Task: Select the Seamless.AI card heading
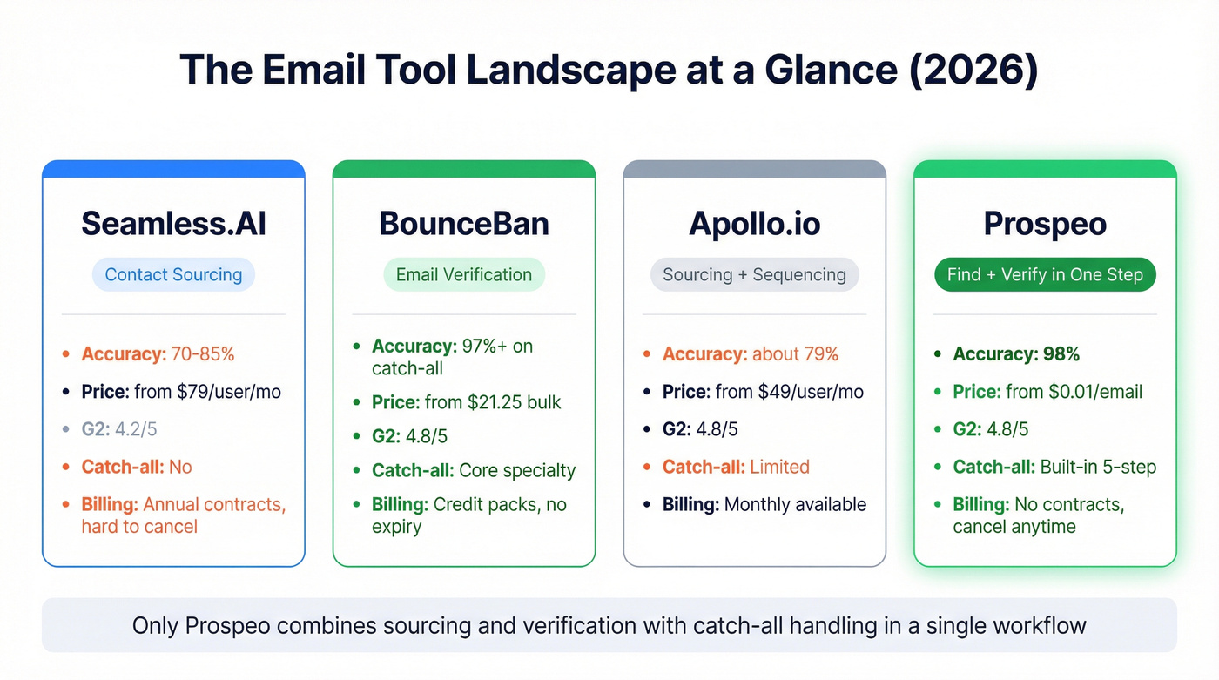(173, 224)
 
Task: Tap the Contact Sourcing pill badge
(173, 275)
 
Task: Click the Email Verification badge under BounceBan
(463, 275)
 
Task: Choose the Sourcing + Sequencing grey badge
(754, 275)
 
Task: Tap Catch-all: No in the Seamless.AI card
(137, 467)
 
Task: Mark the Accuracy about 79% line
(750, 354)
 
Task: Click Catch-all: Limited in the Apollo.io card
(736, 467)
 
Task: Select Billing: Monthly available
(764, 504)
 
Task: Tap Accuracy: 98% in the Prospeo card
(1016, 354)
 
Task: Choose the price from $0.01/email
(1047, 392)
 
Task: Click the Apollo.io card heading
(754, 224)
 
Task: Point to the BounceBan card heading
(463, 224)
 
